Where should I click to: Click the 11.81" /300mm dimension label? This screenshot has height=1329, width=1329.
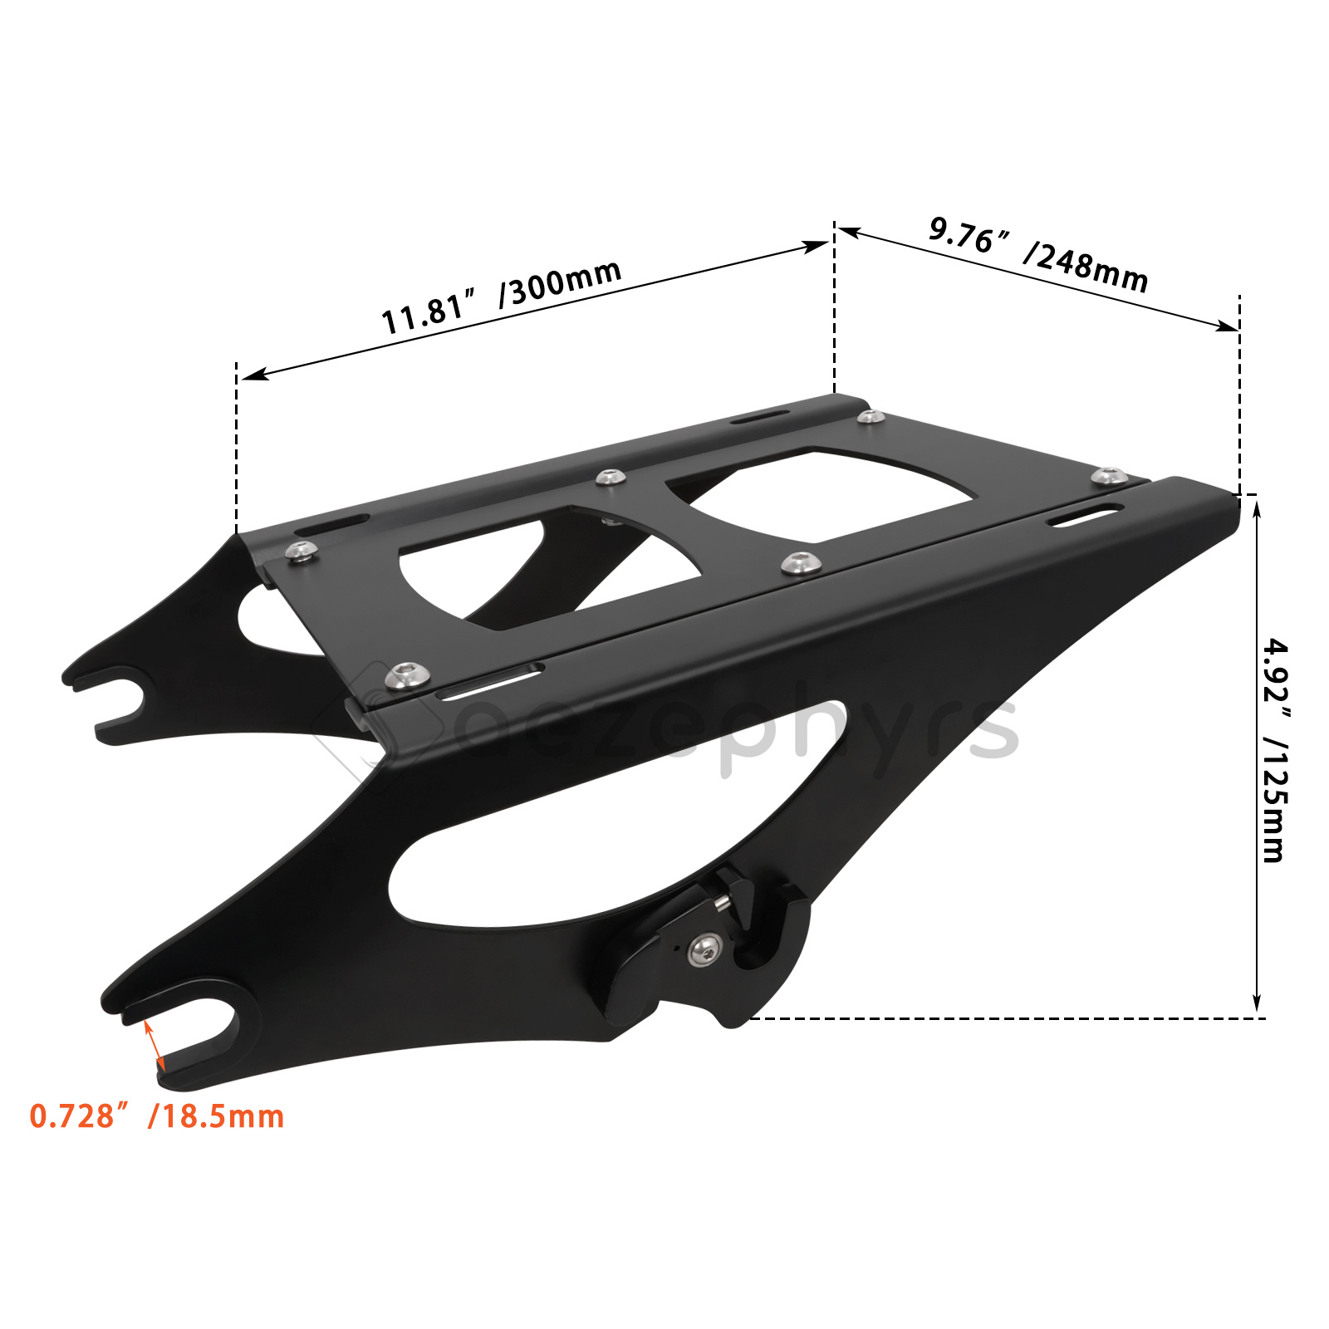point(501,296)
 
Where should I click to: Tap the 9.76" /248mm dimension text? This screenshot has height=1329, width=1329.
point(1038,253)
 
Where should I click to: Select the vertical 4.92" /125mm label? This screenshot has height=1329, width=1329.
point(1275,750)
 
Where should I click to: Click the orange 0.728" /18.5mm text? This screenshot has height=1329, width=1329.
point(157,1116)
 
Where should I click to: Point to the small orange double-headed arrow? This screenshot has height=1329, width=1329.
point(154,1046)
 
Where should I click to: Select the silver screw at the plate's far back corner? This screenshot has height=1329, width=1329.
point(870,416)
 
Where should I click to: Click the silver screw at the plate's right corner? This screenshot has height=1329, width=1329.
point(1109,477)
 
